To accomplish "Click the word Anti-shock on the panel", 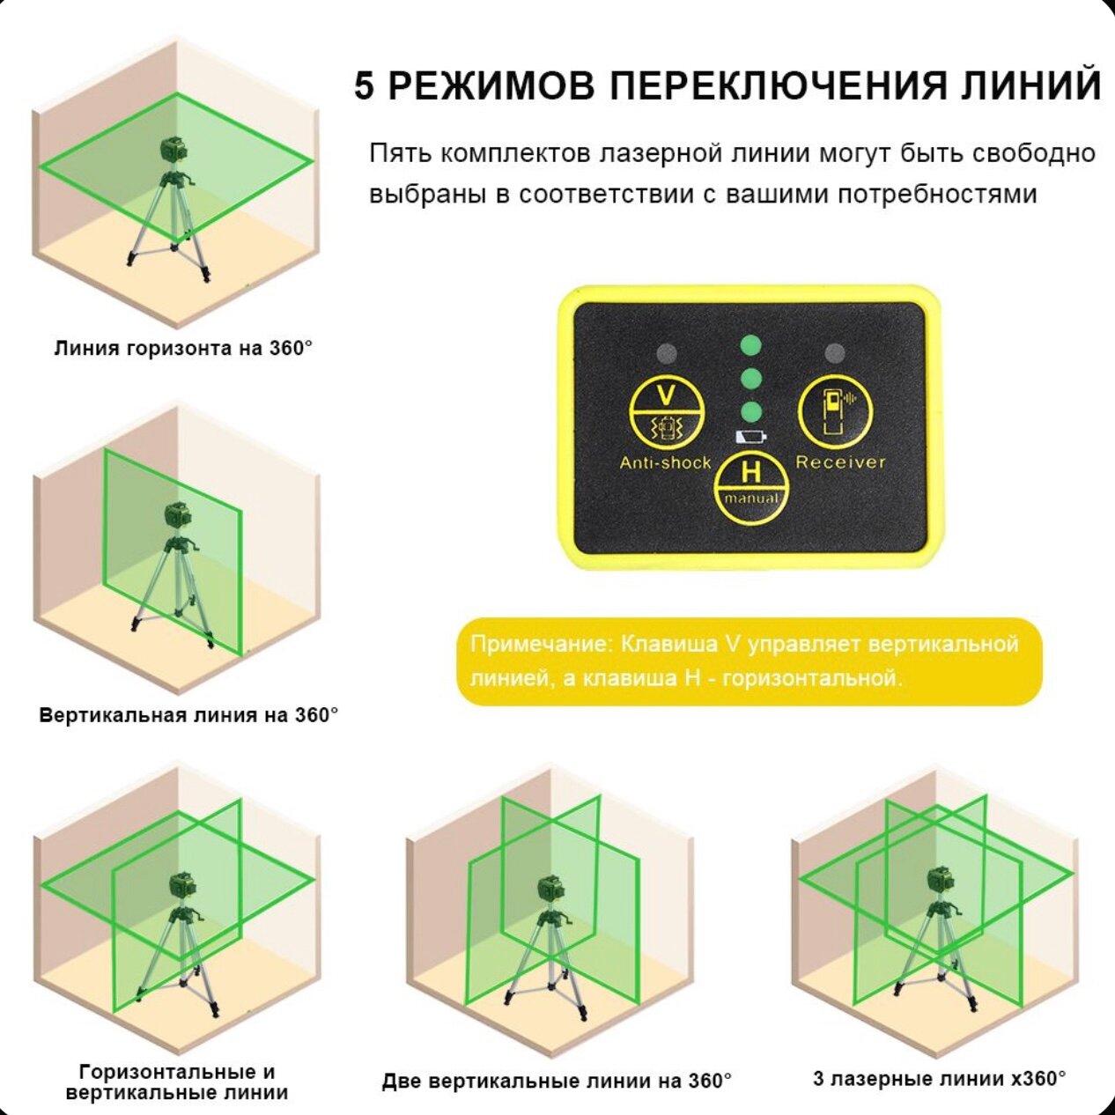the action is (665, 462).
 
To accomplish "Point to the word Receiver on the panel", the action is (840, 462).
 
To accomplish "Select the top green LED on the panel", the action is (750, 343).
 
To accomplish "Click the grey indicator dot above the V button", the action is (667, 353).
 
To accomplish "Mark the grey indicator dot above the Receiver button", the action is (834, 353).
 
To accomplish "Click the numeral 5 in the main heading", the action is (365, 87).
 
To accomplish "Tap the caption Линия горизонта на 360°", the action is (183, 348).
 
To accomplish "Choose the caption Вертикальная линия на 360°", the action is (188, 714).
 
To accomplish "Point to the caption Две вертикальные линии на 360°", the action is (557, 1081).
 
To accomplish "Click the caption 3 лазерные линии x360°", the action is (939, 1078).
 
